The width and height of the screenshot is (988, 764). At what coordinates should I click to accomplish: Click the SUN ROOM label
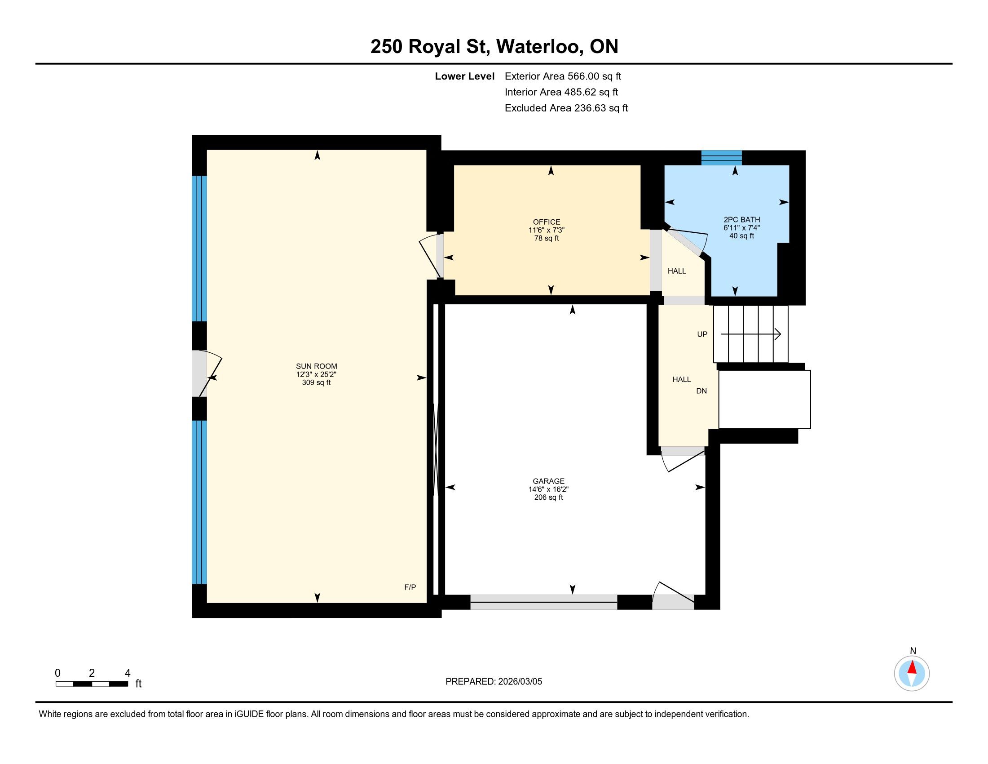316,366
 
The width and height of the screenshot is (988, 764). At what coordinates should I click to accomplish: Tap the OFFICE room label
547,222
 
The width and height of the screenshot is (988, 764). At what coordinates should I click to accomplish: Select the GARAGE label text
548,481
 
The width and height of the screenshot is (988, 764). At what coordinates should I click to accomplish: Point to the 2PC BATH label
742,219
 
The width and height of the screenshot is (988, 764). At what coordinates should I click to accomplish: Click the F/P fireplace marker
410,587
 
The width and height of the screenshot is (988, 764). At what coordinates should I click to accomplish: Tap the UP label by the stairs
702,334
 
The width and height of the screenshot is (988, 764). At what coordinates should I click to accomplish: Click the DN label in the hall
701,391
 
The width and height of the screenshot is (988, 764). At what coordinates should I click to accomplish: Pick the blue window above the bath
722,157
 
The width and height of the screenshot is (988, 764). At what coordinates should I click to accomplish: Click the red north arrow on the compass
912,667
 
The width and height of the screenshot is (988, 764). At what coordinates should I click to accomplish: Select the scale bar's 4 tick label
128,673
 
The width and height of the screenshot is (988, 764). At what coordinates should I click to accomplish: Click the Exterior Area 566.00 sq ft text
563,76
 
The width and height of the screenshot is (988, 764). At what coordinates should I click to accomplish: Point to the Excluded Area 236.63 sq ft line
566,108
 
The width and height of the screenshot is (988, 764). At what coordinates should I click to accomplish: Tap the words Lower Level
465,76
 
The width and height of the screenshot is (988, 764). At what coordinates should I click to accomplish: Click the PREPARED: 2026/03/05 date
494,682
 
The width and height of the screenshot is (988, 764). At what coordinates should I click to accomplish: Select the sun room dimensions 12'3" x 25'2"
316,374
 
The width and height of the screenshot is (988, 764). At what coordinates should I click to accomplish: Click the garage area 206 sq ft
548,497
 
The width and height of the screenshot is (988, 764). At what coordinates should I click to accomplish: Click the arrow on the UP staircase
751,334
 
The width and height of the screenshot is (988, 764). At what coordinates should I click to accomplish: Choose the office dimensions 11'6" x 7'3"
547,230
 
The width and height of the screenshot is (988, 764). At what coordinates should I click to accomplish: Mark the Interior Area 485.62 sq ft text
561,92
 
